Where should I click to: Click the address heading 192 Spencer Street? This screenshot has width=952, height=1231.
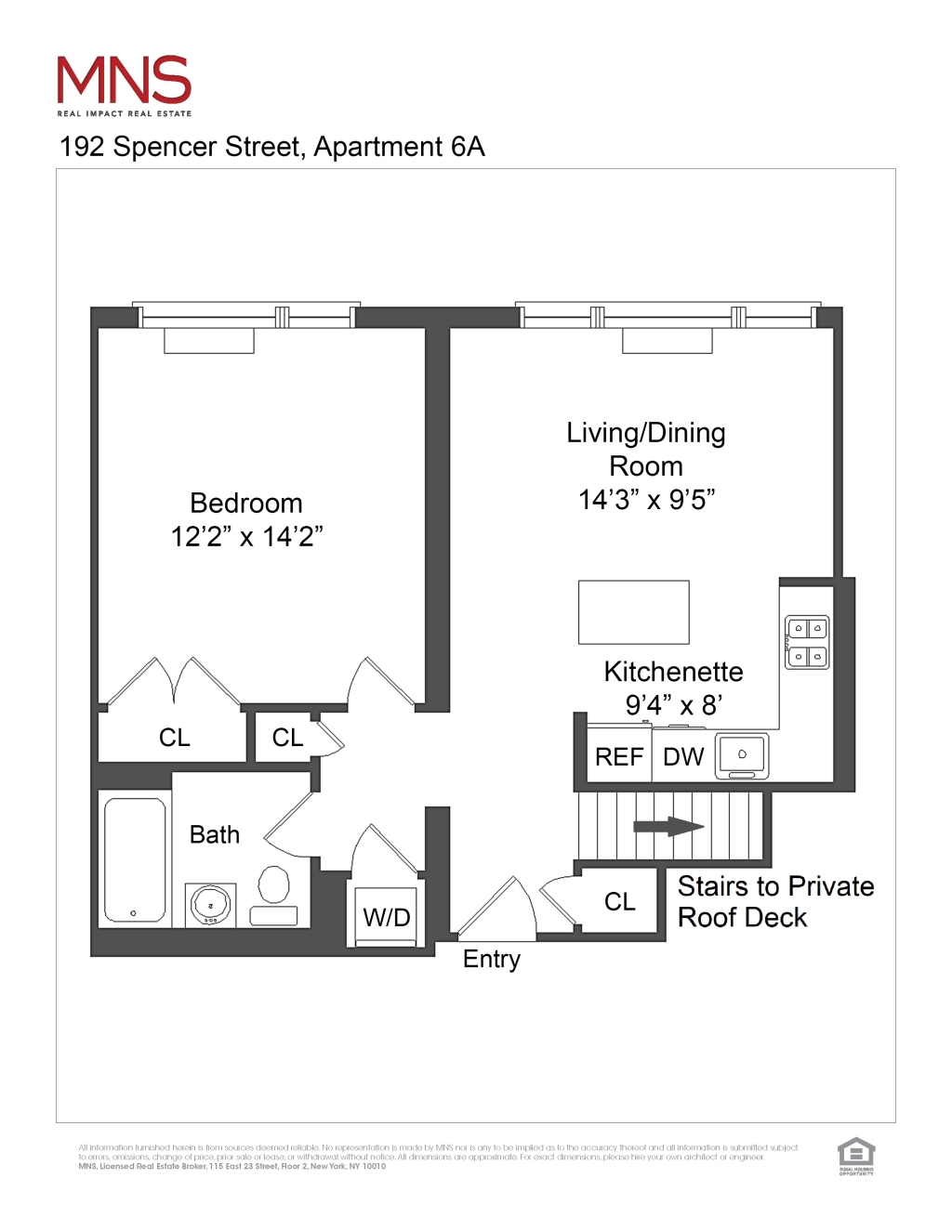(271, 147)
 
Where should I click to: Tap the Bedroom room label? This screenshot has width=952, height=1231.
(246, 504)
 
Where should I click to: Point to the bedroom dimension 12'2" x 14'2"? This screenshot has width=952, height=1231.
(246, 537)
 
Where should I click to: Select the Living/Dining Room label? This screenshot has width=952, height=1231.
(646, 450)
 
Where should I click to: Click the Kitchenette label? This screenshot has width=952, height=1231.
(673, 672)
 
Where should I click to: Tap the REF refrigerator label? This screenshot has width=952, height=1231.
(619, 757)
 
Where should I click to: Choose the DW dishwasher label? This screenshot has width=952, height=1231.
(683, 757)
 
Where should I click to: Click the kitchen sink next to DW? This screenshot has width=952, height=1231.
(742, 755)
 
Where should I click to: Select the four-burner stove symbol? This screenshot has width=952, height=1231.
(806, 642)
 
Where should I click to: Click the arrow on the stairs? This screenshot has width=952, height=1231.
(668, 827)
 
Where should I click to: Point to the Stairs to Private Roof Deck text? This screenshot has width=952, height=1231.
(774, 901)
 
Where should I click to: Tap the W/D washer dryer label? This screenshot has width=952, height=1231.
(386, 918)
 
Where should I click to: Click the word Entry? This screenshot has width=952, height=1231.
(492, 959)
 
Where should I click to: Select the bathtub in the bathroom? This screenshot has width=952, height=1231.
(135, 859)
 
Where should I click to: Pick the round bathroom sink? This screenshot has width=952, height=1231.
(211, 904)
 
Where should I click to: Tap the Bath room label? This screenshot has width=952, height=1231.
(215, 834)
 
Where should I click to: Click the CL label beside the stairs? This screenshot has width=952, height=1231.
(620, 901)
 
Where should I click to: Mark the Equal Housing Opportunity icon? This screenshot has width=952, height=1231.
(856, 1156)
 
